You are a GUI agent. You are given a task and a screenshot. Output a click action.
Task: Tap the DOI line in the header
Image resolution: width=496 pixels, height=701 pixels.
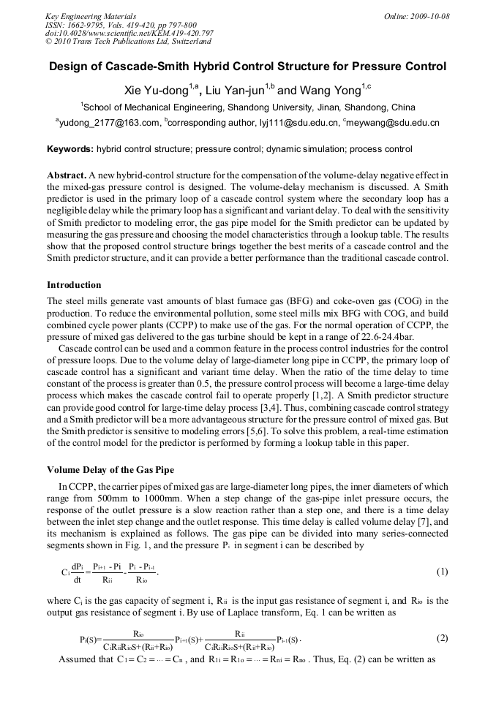(x=129, y=34)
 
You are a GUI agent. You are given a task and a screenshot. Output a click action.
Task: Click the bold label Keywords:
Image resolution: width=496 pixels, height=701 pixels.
(x=70, y=149)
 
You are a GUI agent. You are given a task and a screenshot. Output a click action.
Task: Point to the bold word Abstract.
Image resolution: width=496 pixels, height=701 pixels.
(x=67, y=176)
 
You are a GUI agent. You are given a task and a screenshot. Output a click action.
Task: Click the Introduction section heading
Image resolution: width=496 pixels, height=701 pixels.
(x=74, y=284)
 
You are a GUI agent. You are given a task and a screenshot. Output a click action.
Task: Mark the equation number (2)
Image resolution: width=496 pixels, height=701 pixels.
(x=442, y=638)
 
